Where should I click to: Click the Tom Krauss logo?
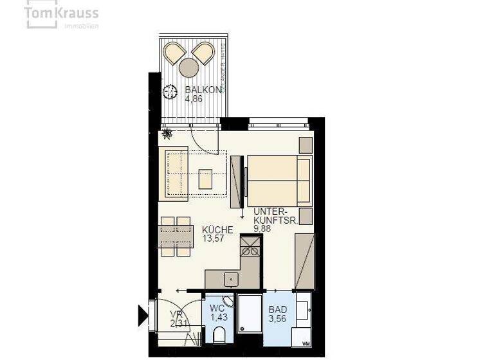[62, 15]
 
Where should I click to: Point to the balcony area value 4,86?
[195, 100]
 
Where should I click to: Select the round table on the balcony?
[189, 66]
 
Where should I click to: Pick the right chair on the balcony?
[203, 52]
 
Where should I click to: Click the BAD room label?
[278, 309]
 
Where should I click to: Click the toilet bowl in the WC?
[218, 336]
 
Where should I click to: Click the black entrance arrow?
[143, 314]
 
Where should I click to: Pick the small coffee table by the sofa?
[206, 178]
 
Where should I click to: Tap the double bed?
[279, 179]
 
